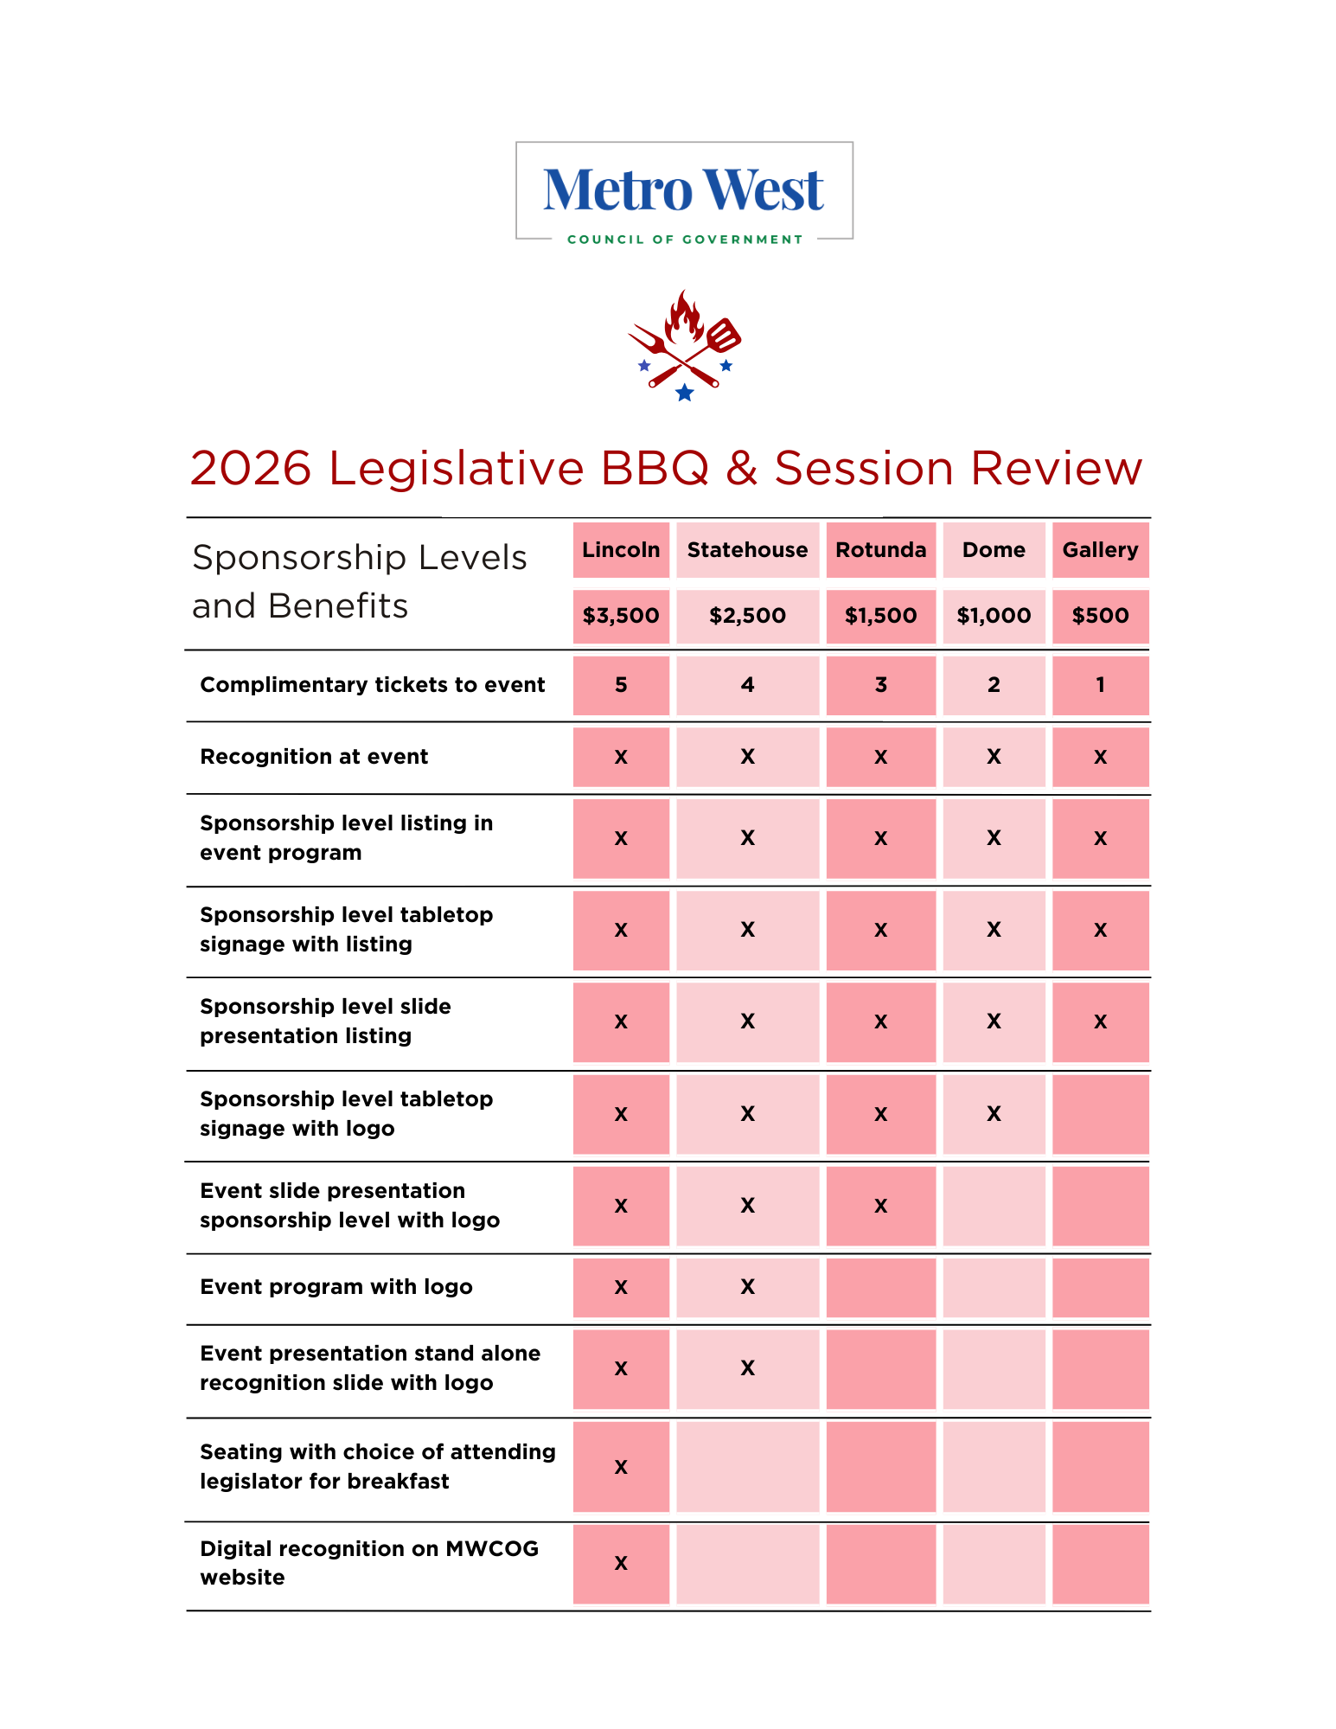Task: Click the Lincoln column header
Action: (621, 550)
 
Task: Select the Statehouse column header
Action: (747, 550)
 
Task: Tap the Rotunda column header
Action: (880, 550)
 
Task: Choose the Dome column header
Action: (994, 550)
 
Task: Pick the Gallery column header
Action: (1100, 550)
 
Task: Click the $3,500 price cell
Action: (621, 616)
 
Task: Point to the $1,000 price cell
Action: (994, 616)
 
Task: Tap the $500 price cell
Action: (1100, 616)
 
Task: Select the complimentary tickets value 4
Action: (747, 685)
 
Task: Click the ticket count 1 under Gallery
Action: (1100, 685)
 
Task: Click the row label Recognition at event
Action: (314, 757)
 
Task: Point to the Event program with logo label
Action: (336, 1287)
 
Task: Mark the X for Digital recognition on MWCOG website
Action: (621, 1563)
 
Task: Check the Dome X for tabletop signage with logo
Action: (994, 1114)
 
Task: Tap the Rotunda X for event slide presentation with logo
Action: (880, 1206)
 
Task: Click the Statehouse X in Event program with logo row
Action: (747, 1287)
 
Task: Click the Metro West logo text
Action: (683, 190)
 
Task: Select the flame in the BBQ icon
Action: (685, 318)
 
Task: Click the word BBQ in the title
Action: (655, 469)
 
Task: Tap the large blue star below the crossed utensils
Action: (685, 394)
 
